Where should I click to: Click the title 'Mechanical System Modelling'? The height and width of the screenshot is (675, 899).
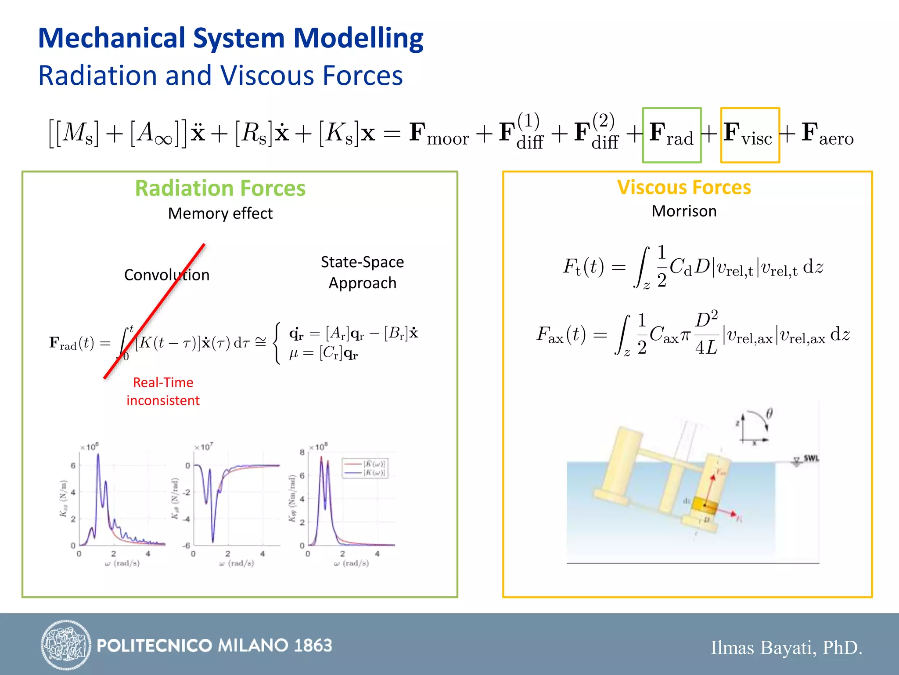230,38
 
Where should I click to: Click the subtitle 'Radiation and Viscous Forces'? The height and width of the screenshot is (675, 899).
220,76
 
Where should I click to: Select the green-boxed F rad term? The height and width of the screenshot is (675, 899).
671,135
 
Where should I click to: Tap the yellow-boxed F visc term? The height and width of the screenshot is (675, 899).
749,135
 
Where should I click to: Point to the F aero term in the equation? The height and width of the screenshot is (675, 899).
827,134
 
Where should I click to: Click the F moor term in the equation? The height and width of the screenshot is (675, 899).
439,134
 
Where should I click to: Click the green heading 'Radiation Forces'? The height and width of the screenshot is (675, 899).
220,189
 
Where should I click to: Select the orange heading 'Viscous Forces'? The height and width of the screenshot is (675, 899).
684,188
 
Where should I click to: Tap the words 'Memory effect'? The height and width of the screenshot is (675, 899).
220,214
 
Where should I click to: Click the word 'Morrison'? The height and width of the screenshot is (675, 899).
684,211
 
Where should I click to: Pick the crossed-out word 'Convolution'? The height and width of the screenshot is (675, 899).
167,275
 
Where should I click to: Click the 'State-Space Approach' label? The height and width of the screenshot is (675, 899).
362,272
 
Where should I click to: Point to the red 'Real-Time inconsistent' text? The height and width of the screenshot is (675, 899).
163,392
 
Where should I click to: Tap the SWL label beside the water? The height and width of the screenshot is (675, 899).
811,458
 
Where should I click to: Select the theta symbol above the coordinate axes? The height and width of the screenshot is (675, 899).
769,414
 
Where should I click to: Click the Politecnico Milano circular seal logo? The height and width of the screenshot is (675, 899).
66,645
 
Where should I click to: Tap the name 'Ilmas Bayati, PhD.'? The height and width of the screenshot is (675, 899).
786,648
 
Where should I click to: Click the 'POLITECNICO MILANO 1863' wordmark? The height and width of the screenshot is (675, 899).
214,646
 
